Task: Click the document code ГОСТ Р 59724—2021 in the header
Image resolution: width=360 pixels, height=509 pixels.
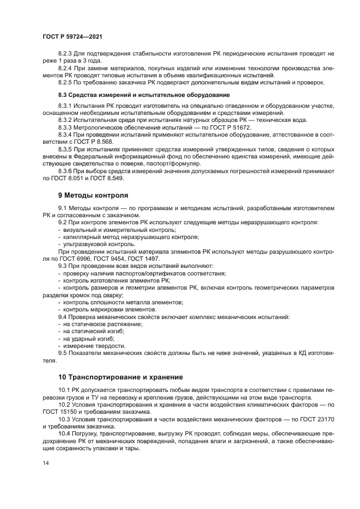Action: pos(72,36)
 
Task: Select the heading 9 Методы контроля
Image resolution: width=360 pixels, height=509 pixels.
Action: pos(94,195)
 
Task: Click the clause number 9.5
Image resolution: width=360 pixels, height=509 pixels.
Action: pos(63,353)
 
